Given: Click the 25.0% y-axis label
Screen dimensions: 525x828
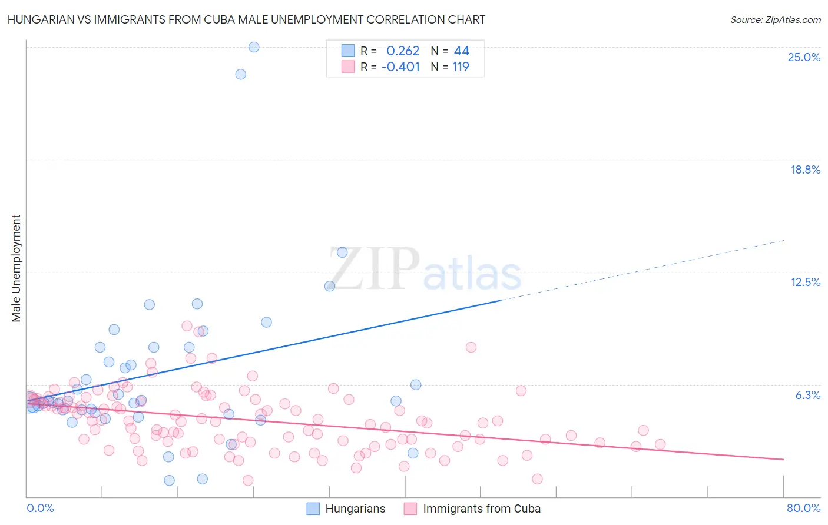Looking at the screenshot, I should tap(804, 57).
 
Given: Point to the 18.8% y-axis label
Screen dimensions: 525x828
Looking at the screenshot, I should tap(805, 170).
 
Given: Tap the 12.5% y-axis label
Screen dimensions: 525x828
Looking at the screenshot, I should tap(805, 282).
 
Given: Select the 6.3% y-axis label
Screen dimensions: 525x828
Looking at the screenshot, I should tap(807, 395).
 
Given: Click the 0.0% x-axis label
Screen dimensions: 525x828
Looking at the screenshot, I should tap(40, 508).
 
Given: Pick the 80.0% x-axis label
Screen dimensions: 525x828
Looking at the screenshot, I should tap(803, 508).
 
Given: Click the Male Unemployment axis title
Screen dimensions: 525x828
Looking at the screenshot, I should tap(16, 268).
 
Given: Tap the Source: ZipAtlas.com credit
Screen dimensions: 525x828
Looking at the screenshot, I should tap(775, 19).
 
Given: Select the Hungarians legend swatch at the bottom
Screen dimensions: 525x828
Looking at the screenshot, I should tap(313, 509).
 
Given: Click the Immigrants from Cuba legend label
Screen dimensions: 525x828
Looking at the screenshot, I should tap(481, 509).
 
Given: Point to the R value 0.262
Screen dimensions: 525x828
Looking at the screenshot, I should tap(403, 51).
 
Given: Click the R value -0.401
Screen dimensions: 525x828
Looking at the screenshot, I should tap(400, 67).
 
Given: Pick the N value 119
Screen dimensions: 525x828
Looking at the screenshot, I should tap(461, 67).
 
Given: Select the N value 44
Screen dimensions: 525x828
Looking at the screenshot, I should tap(462, 51).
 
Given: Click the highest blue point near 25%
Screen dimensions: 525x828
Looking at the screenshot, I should tap(254, 47).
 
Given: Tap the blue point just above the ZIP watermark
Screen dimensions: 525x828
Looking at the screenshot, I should tap(342, 252).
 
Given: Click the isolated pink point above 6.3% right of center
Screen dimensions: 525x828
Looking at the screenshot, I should tap(471, 347).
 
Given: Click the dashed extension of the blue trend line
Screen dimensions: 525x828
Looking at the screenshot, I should tap(642, 270).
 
